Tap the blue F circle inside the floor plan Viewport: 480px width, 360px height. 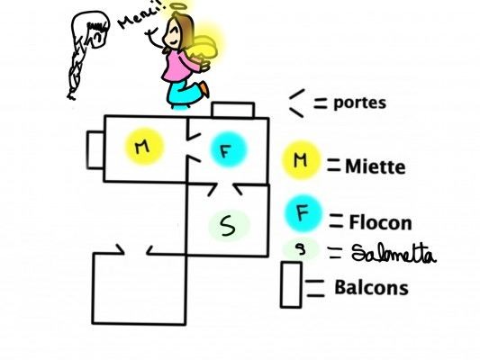coord(228,149)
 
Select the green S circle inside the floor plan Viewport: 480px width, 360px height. coord(230,225)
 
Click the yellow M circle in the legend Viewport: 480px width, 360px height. coord(302,160)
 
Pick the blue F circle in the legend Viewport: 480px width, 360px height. coord(303,214)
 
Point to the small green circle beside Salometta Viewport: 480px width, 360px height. coord(301,249)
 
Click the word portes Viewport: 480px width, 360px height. coord(359,103)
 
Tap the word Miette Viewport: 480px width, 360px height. coord(376,167)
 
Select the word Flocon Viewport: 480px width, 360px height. coord(381,222)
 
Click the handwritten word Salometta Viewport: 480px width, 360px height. coord(394,254)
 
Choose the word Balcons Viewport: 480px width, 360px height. coord(371,287)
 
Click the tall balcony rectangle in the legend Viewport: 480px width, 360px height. coord(291,284)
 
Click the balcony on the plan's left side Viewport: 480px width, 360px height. coord(87,150)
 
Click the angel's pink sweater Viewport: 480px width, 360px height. coord(179,66)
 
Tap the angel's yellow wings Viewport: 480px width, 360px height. coord(205,47)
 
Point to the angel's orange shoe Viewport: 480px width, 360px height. coord(204,89)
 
